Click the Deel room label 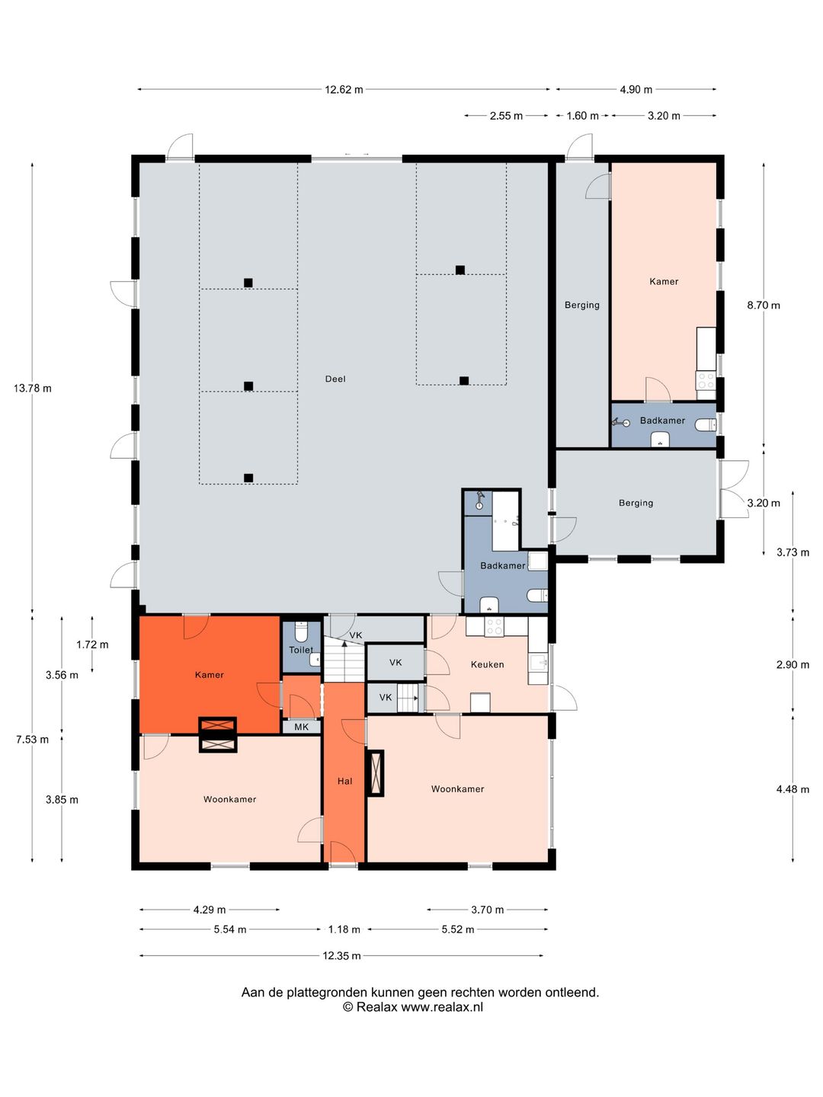pyautogui.click(x=335, y=379)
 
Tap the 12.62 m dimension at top pyautogui.click(x=344, y=89)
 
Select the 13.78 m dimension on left pyautogui.click(x=33, y=389)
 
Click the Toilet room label pyautogui.click(x=301, y=650)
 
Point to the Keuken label pyautogui.click(x=487, y=664)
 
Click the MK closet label pyautogui.click(x=301, y=727)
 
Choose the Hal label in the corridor pyautogui.click(x=344, y=781)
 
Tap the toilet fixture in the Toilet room pyautogui.click(x=301, y=632)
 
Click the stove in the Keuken pyautogui.click(x=495, y=626)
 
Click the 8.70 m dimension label pyautogui.click(x=763, y=305)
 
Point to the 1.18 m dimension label pyautogui.click(x=344, y=929)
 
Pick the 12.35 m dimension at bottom pyautogui.click(x=341, y=955)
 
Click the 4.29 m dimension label pyautogui.click(x=210, y=910)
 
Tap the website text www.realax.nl pyautogui.click(x=442, y=1006)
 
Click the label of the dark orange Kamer pyautogui.click(x=210, y=675)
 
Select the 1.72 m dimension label pyautogui.click(x=92, y=644)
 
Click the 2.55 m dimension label pyautogui.click(x=506, y=116)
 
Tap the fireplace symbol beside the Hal pyautogui.click(x=375, y=772)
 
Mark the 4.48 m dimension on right pyautogui.click(x=793, y=789)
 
